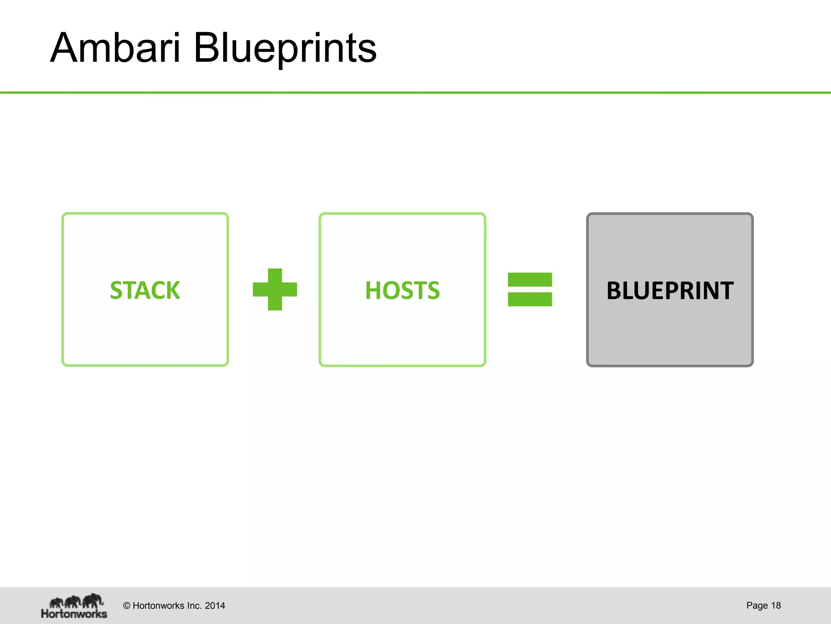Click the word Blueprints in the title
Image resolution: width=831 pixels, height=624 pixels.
pyautogui.click(x=285, y=49)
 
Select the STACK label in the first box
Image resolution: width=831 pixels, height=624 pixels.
pyautogui.click(x=145, y=290)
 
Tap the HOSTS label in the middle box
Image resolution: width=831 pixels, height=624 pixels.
pyautogui.click(x=402, y=290)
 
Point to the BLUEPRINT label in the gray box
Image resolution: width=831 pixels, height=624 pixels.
pyautogui.click(x=670, y=290)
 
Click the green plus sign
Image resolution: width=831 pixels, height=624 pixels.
pyautogui.click(x=275, y=289)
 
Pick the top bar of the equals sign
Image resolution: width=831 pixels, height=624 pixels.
pyautogui.click(x=530, y=279)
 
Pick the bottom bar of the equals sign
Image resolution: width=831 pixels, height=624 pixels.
pyautogui.click(x=530, y=299)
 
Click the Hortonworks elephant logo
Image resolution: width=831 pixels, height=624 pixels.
pyautogui.click(x=76, y=601)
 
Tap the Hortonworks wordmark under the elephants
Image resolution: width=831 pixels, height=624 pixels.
pyautogui.click(x=74, y=613)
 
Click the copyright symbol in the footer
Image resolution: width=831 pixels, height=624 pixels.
pyautogui.click(x=127, y=606)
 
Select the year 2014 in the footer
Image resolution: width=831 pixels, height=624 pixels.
pyautogui.click(x=215, y=606)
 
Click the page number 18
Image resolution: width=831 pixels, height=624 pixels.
pyautogui.click(x=776, y=605)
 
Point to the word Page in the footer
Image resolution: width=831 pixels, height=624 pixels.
pyautogui.click(x=757, y=605)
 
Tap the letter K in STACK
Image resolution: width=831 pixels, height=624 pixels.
pyautogui.click(x=172, y=290)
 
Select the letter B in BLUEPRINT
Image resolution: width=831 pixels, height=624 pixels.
pyautogui.click(x=614, y=290)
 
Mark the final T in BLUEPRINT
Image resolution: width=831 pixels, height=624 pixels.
pyautogui.click(x=726, y=290)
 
